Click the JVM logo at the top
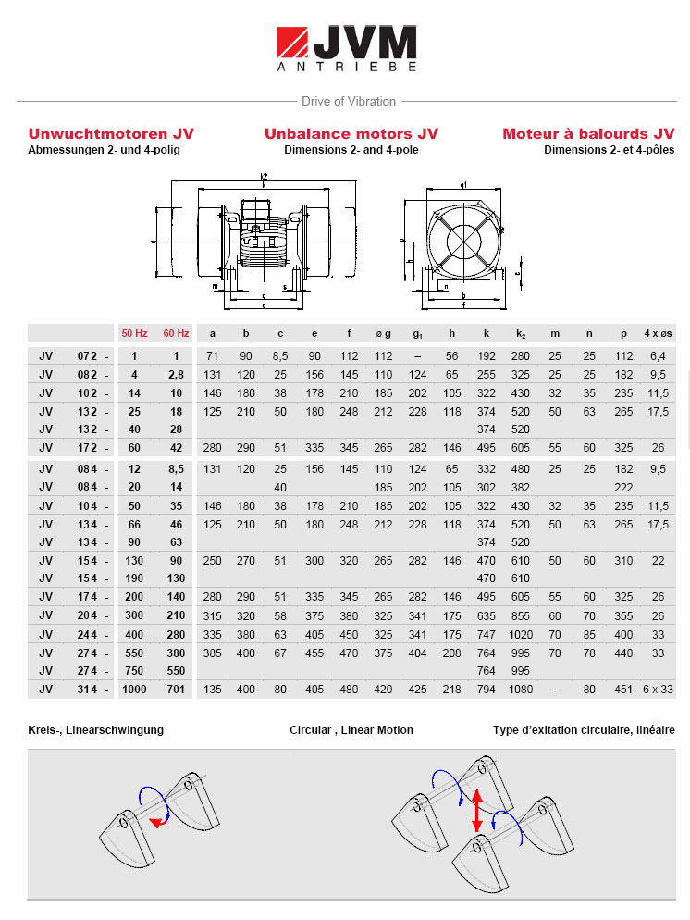[346, 47]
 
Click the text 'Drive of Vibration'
[348, 101]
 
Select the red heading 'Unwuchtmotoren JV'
[111, 133]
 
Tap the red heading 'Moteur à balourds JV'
[588, 133]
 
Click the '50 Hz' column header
[134, 333]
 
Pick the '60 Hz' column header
[176, 333]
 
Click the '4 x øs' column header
[658, 333]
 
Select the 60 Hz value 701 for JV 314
[176, 689]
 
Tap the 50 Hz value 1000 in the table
[134, 689]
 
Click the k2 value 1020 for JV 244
[522, 635]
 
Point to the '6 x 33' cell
[658, 689]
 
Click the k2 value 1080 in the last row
[522, 689]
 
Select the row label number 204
[87, 617]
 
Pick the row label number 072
[87, 356]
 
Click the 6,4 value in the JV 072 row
[658, 356]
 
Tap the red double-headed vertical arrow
[477, 812]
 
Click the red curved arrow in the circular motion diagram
[159, 823]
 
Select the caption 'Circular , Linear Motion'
[351, 730]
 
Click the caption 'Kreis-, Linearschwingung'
[96, 730]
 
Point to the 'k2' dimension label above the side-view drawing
[264, 176]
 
